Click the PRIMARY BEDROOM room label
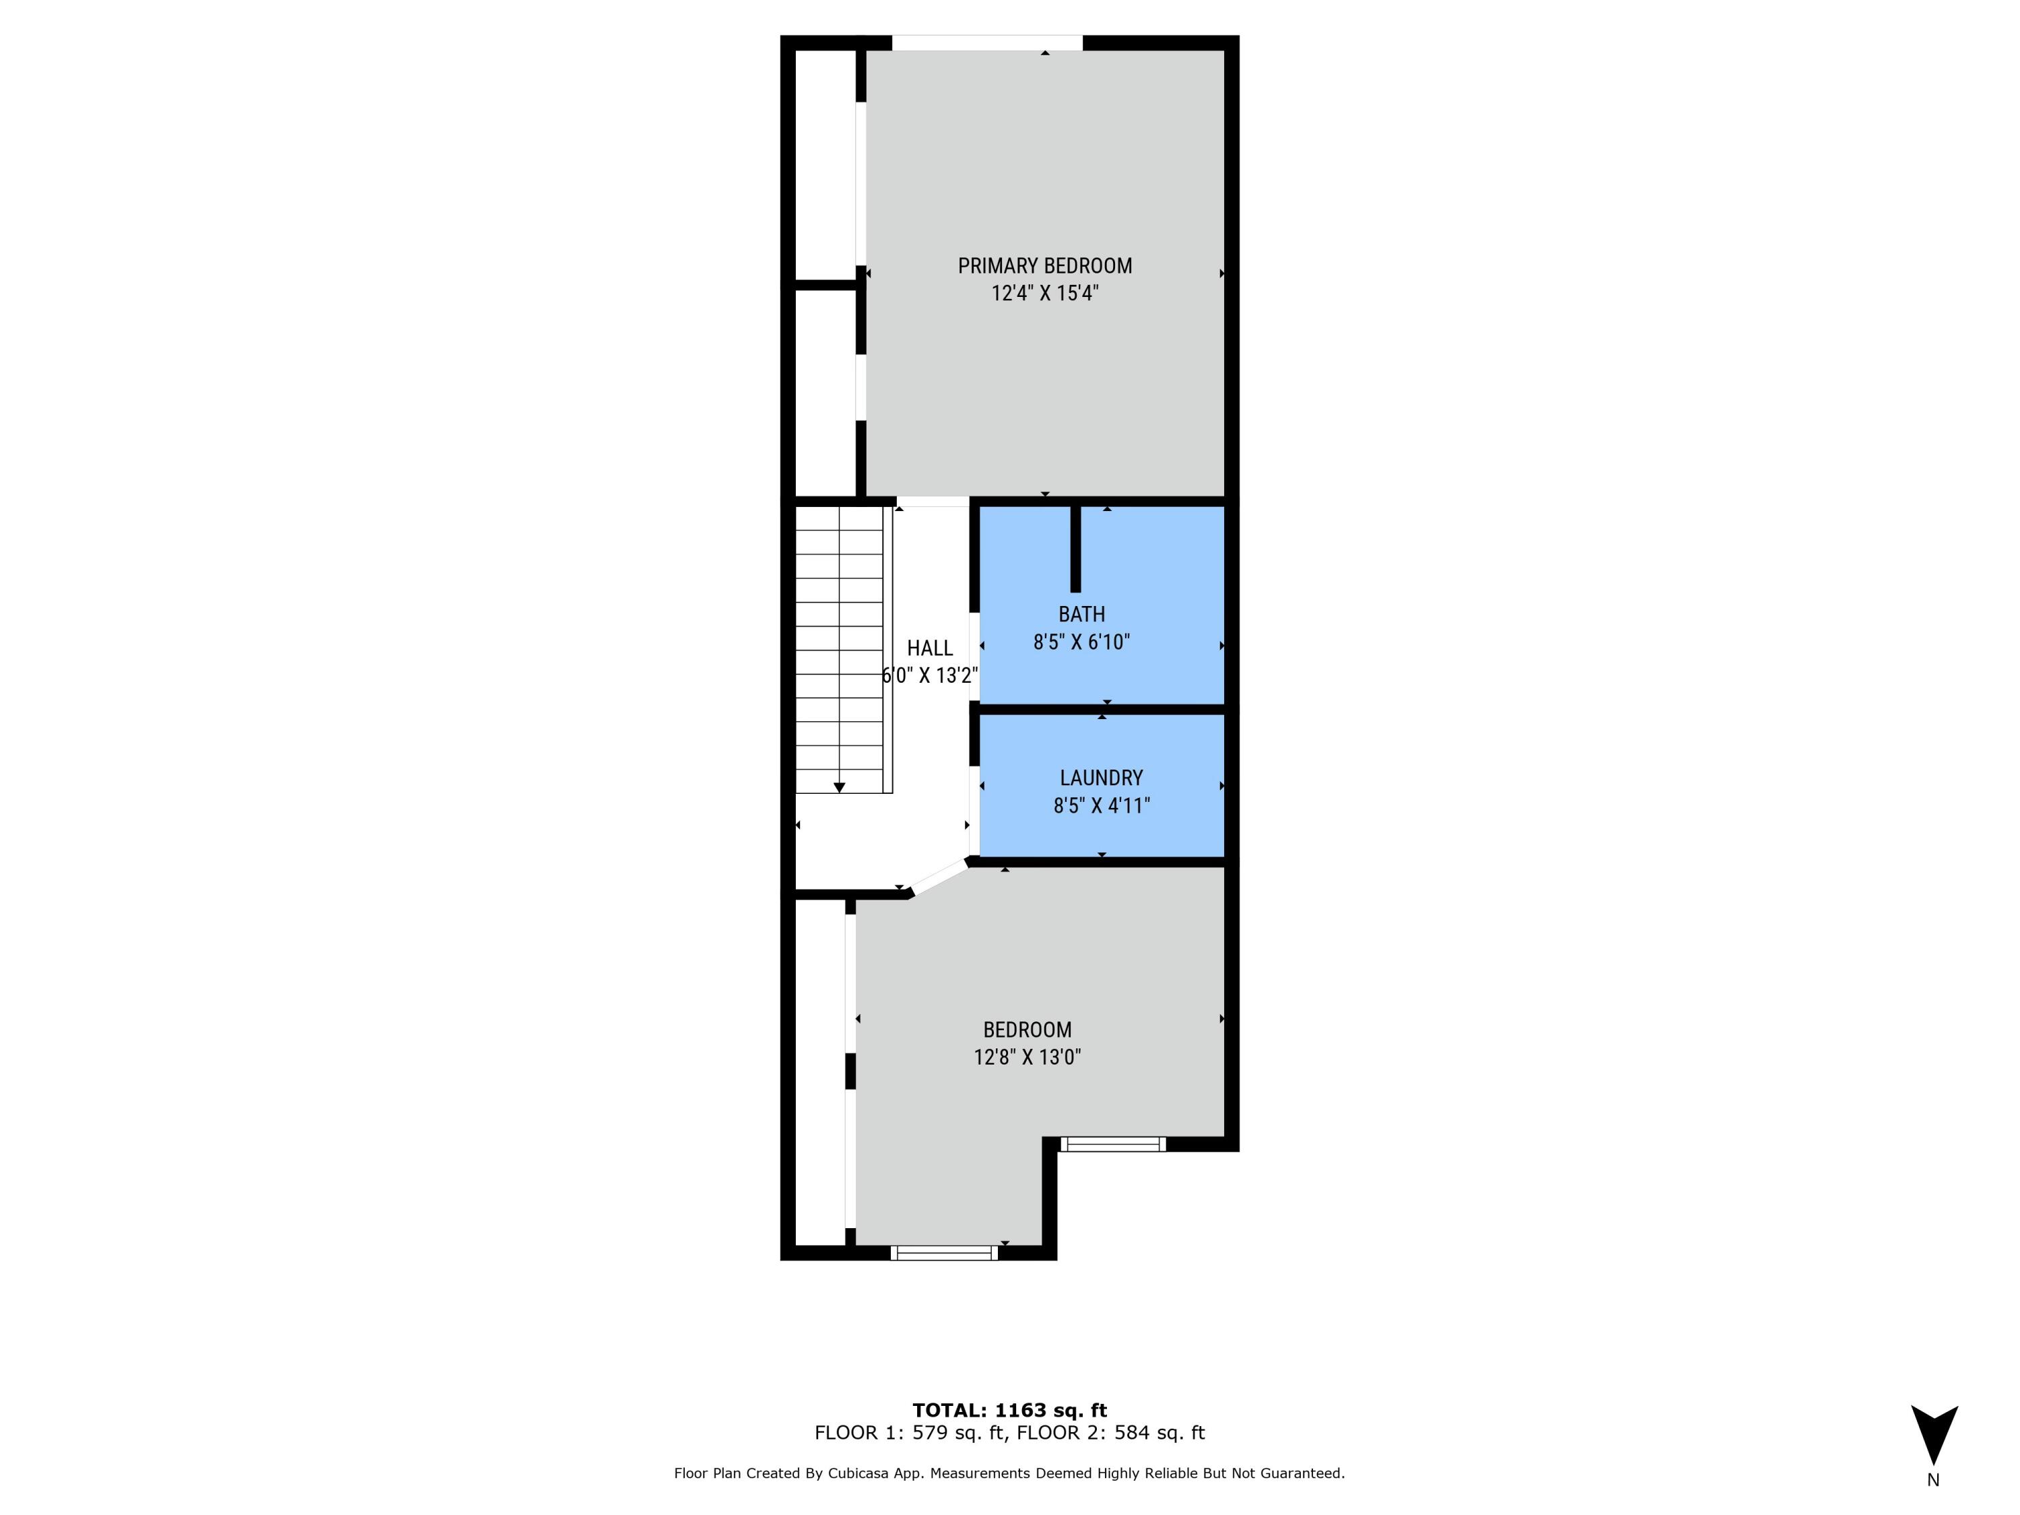click(x=1045, y=266)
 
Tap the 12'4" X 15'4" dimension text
click(x=1045, y=293)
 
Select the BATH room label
click(x=1081, y=615)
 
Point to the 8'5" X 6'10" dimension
click(x=1081, y=642)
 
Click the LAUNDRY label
click(x=1102, y=778)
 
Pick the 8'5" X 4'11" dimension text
click(x=1102, y=805)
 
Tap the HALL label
click(x=930, y=648)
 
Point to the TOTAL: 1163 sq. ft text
click(x=1009, y=1410)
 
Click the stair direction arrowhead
click(x=839, y=787)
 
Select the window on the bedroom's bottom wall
click(x=943, y=1253)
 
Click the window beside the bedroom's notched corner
click(x=1113, y=1143)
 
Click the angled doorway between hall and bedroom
click(x=939, y=877)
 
